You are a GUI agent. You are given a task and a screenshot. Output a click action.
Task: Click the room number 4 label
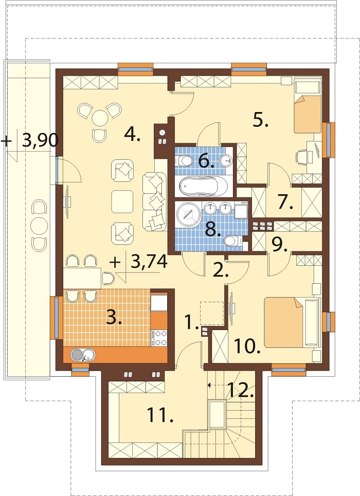[x=132, y=135]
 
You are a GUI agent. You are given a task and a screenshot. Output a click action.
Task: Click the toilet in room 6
[x=183, y=160]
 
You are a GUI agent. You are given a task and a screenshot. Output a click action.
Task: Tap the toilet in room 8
[x=233, y=242]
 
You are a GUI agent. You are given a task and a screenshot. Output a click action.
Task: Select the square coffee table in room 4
[x=122, y=201]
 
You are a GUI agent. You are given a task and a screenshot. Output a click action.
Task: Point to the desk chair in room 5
[x=301, y=157]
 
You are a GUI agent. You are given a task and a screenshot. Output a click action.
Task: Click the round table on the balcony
[x=40, y=225]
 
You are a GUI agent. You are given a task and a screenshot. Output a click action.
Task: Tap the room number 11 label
[x=160, y=414]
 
